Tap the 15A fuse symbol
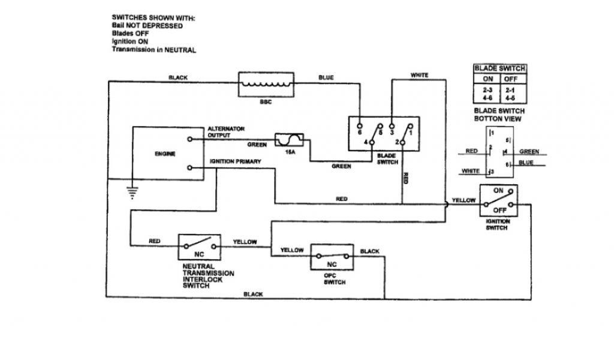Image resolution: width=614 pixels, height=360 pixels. [x=290, y=141]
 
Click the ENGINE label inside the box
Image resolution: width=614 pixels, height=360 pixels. [x=165, y=154]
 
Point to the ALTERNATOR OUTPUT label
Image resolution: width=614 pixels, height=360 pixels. [x=226, y=132]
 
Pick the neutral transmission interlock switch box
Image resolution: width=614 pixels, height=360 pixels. [x=200, y=247]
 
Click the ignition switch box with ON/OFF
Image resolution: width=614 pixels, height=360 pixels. [x=499, y=201]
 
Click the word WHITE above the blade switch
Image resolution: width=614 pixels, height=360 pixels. [x=419, y=75]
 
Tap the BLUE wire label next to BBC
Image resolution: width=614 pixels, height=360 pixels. [x=326, y=77]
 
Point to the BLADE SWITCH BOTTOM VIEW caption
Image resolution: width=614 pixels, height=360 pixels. [x=499, y=115]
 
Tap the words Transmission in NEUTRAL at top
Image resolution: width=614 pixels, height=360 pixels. [x=153, y=50]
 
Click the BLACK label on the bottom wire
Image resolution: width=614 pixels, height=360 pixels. [x=255, y=294]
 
